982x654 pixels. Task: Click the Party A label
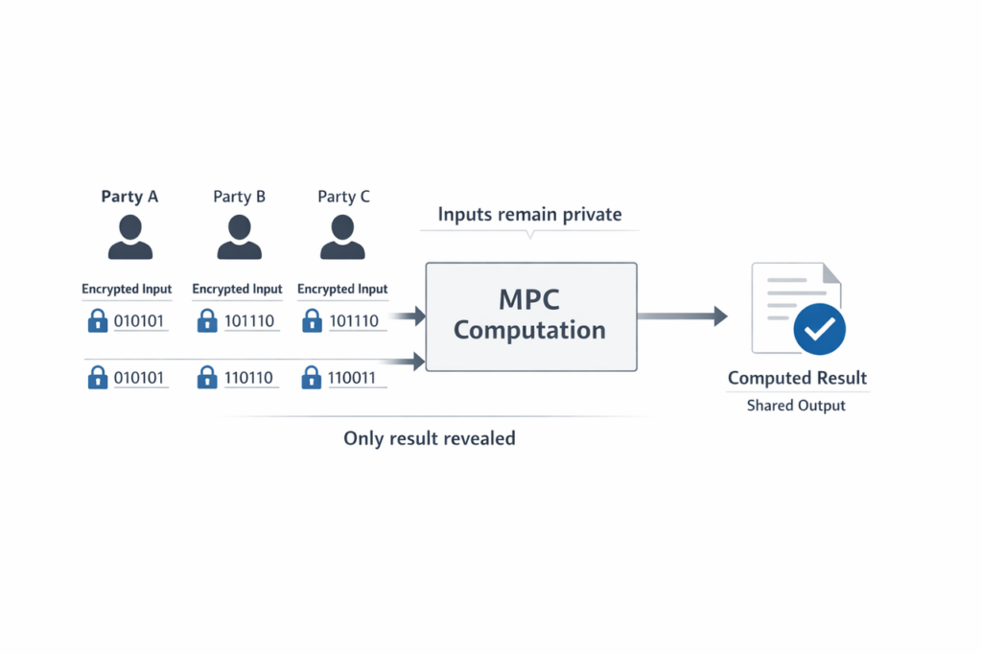pos(129,197)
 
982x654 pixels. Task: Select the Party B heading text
pos(239,197)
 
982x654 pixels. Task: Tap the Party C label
pos(343,197)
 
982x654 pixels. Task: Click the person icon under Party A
pos(129,238)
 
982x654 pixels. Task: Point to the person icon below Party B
pos(239,238)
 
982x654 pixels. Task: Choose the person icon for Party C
pos(342,238)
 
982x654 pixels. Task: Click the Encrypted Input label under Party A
pos(127,289)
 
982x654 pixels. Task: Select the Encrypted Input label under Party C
pos(342,289)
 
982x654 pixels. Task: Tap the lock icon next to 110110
pos(207,378)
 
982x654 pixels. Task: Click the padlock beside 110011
pos(311,378)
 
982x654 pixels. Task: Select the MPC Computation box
pos(530,316)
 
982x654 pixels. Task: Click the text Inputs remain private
pos(529,214)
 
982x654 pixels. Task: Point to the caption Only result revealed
pos(430,438)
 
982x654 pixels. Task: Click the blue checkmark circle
pos(819,330)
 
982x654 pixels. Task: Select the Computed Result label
pos(797,378)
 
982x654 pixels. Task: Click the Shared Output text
pos(796,406)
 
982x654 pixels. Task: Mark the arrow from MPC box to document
pos(682,316)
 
